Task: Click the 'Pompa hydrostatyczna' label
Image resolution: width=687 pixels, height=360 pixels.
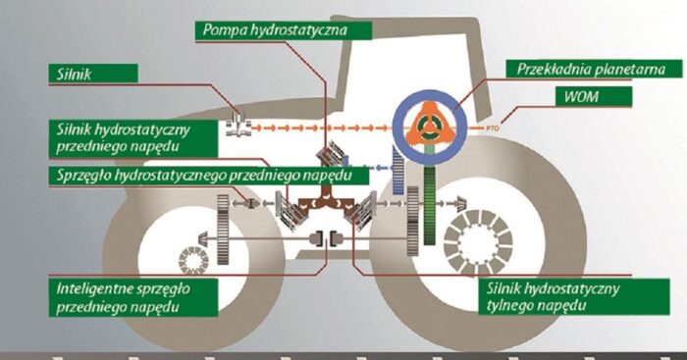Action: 286,29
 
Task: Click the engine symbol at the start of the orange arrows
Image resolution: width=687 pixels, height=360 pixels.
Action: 238,126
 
